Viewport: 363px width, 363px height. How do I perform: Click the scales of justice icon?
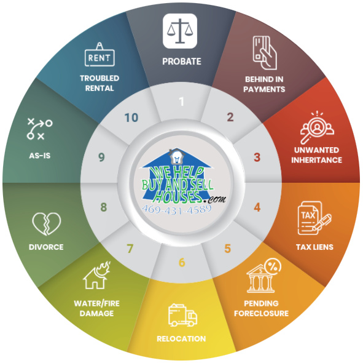(x=180, y=31)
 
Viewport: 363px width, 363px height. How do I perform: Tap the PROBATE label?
(x=182, y=62)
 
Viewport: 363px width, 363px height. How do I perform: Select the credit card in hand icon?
(x=265, y=53)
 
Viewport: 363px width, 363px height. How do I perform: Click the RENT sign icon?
(x=100, y=55)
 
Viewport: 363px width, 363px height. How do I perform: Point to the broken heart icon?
(x=47, y=224)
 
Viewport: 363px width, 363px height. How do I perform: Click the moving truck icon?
(x=182, y=315)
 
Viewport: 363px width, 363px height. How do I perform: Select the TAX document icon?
(x=314, y=218)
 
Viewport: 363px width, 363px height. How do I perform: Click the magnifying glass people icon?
(x=317, y=127)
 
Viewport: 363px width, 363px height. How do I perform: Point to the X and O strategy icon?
(x=39, y=129)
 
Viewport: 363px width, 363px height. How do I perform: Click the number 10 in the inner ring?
(x=131, y=118)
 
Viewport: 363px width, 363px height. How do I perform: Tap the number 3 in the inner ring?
(x=257, y=158)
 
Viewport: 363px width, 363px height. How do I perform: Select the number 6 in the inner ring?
(x=182, y=262)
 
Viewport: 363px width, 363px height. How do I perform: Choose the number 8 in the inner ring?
(x=103, y=207)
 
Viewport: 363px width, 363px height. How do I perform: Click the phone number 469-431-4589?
(x=176, y=209)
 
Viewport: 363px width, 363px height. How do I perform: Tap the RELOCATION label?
(x=181, y=338)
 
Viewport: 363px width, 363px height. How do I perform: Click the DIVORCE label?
(x=46, y=247)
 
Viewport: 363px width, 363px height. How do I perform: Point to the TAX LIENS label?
(x=314, y=247)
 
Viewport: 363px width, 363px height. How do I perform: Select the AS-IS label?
(x=39, y=156)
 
